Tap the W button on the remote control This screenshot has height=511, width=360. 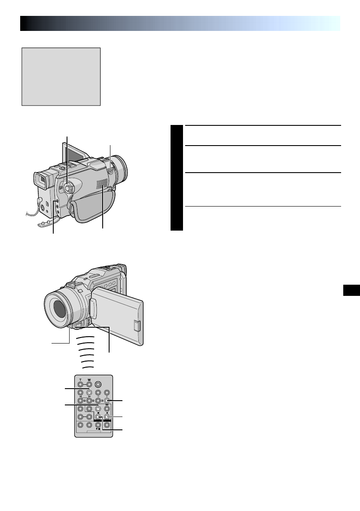point(89,384)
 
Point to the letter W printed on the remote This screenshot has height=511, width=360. point(89,379)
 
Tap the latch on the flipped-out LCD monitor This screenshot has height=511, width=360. point(137,326)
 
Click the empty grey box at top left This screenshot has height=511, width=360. point(61,76)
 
